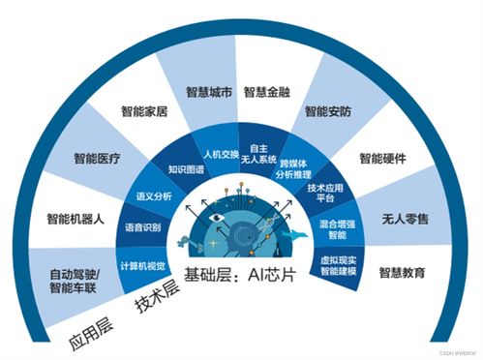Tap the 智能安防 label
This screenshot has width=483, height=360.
pos(328,112)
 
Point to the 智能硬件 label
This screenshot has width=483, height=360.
pos(382,157)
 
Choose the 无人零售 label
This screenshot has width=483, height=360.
pos(404,219)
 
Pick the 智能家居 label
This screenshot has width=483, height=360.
pos(144,112)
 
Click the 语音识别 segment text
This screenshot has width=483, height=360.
pos(142,228)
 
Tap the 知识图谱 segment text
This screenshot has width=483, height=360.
pos(186,169)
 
